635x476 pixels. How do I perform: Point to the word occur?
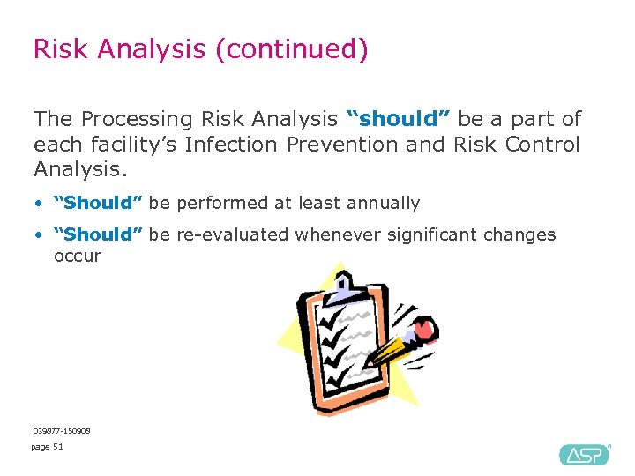tap(78, 257)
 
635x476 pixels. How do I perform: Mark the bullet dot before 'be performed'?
tap(39, 204)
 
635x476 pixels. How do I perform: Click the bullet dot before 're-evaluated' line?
tap(39, 235)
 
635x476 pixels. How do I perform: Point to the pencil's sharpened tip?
tap(369, 363)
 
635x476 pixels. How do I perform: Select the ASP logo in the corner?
tap(583, 454)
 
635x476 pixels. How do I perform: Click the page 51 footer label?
tap(48, 447)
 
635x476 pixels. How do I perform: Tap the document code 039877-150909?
tap(62, 431)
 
